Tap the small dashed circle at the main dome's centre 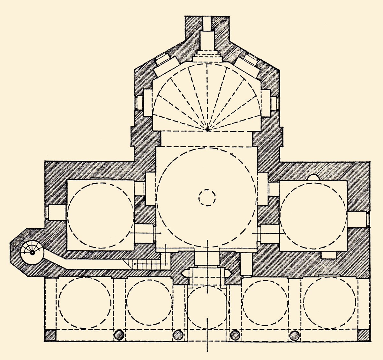tap(207, 198)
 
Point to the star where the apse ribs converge tap(208, 129)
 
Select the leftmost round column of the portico tap(119, 334)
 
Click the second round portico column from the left tap(177, 335)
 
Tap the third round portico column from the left tap(236, 335)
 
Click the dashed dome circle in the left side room tap(100, 215)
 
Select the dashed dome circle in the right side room tap(313, 215)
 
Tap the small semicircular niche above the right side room tap(313, 178)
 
